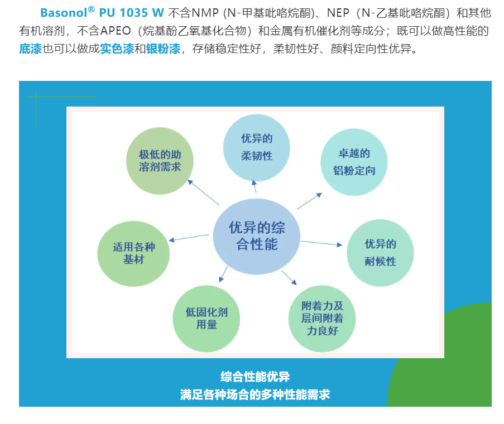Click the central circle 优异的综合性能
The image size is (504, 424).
tap(257, 236)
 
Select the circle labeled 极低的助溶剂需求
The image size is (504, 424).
tap(160, 161)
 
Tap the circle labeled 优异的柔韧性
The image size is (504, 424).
tap(256, 147)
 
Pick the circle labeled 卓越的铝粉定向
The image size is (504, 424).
tap(354, 162)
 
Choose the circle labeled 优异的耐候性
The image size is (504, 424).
tap(380, 253)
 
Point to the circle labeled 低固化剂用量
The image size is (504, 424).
tap(206, 319)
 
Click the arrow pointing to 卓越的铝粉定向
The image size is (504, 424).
tap(309, 201)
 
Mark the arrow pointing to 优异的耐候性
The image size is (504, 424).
tap(321, 243)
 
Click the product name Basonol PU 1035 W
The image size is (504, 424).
tap(102, 13)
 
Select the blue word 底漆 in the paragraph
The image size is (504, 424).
tap(30, 49)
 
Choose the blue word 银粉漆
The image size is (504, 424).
tap(163, 49)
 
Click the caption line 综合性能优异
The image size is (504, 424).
tap(255, 377)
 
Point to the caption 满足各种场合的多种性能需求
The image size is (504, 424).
tap(255, 394)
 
